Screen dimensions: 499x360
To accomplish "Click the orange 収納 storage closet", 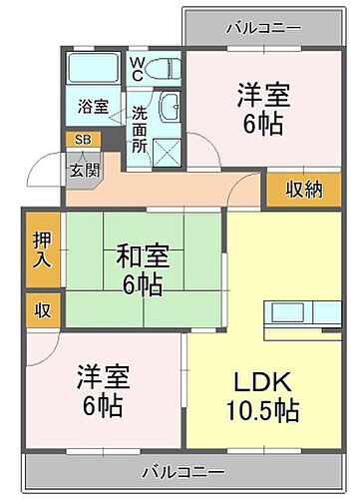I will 303,189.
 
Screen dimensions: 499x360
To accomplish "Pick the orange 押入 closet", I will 42,250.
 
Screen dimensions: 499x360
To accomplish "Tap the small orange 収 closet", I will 42,310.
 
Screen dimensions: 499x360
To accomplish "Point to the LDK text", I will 262,382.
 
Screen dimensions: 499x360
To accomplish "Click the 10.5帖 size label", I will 262,409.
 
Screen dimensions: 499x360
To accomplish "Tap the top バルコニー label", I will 262,27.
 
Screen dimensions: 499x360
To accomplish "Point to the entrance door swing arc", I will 45,168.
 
